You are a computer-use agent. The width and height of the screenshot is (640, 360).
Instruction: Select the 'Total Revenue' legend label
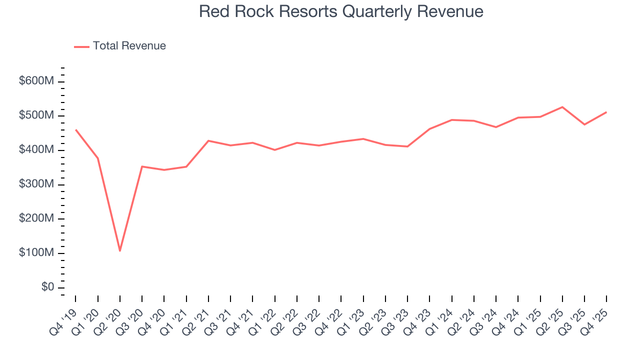tap(129, 46)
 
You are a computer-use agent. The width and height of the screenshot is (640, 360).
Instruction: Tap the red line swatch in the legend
tap(81, 46)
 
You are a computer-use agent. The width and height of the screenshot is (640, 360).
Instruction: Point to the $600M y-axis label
tap(36, 81)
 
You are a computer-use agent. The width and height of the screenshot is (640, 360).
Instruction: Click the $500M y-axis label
tap(36, 115)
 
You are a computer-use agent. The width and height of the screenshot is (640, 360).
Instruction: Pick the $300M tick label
tap(36, 184)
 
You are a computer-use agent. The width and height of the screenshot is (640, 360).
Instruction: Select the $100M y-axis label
tap(36, 253)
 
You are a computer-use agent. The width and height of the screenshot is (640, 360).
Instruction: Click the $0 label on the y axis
tap(47, 287)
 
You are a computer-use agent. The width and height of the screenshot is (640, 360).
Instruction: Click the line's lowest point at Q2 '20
tap(120, 250)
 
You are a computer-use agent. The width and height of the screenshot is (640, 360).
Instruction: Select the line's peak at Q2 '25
tap(562, 107)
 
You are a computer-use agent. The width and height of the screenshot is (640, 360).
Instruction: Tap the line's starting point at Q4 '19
tap(75, 130)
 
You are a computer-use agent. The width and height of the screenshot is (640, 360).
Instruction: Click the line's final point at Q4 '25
tap(606, 112)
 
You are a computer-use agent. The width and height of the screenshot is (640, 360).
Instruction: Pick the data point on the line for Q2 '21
tap(208, 141)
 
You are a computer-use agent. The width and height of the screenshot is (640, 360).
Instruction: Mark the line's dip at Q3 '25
tap(584, 124)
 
